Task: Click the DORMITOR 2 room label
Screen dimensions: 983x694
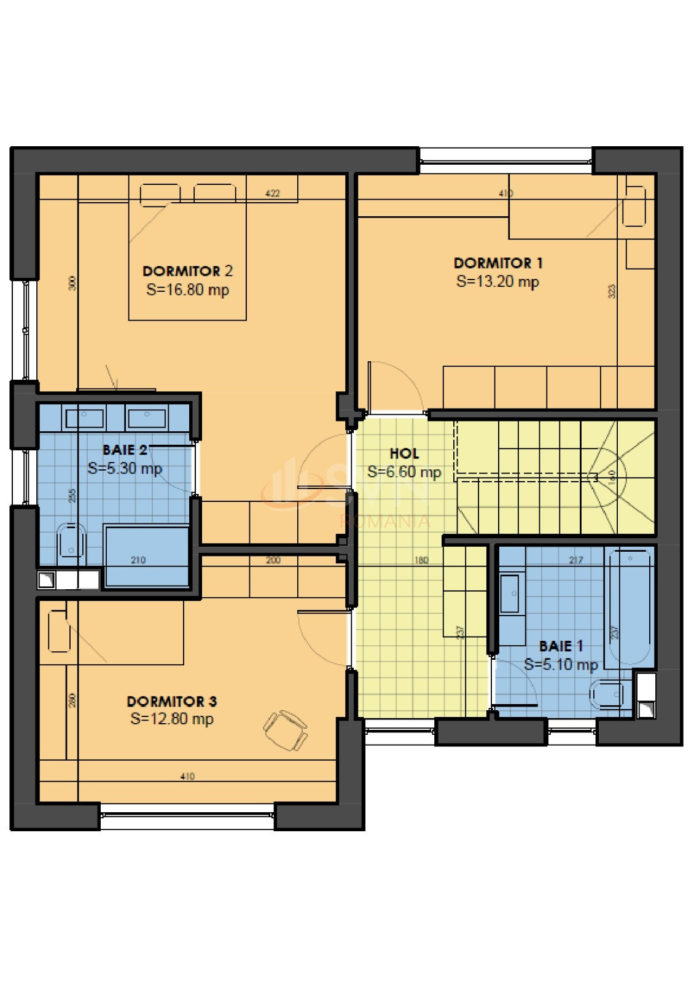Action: click(x=187, y=271)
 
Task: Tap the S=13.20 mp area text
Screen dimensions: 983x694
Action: click(x=497, y=282)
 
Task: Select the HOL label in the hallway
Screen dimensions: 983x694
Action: click(x=404, y=453)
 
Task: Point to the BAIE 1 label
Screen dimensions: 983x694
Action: click(x=561, y=646)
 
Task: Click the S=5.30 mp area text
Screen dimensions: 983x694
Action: click(x=125, y=469)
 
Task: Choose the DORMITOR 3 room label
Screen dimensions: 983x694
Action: click(x=171, y=701)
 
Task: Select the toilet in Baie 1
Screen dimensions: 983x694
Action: click(x=608, y=694)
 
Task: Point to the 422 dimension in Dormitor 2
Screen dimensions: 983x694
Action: click(x=273, y=193)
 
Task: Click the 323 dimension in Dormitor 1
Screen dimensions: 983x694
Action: click(x=612, y=291)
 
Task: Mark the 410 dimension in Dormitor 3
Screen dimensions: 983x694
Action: click(x=187, y=777)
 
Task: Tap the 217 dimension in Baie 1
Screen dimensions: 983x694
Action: click(x=575, y=560)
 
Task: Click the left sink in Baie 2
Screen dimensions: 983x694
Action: click(x=85, y=418)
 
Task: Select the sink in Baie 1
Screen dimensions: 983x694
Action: click(x=512, y=593)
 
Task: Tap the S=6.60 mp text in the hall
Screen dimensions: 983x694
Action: click(x=404, y=472)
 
